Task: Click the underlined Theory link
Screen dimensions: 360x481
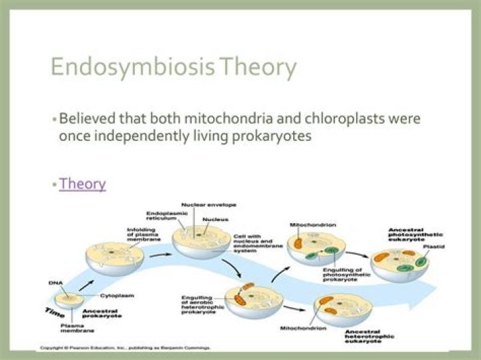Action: pos(82,183)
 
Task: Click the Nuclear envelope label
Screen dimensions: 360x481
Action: pos(208,204)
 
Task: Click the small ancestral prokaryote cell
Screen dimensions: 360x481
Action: pos(69,301)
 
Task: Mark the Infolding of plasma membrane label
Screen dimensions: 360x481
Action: pos(142,234)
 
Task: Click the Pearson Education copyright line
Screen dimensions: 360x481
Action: pos(126,348)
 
